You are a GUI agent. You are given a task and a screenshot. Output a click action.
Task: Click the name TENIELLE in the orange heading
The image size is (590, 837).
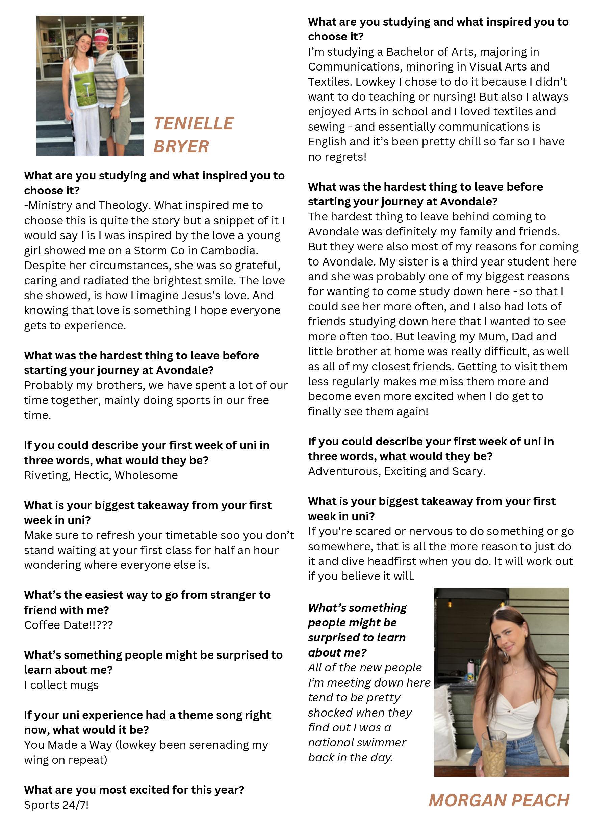[x=194, y=123]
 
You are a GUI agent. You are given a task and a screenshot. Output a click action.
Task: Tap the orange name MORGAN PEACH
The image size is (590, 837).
[x=499, y=800]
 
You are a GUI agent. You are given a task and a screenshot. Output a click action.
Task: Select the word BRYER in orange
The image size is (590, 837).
[x=181, y=147]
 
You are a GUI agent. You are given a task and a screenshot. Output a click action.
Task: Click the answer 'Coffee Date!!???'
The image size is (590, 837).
[x=68, y=625]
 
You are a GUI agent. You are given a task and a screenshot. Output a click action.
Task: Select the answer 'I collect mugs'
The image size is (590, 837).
[x=61, y=685]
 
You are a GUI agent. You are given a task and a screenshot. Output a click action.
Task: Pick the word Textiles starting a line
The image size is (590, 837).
[x=330, y=82]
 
